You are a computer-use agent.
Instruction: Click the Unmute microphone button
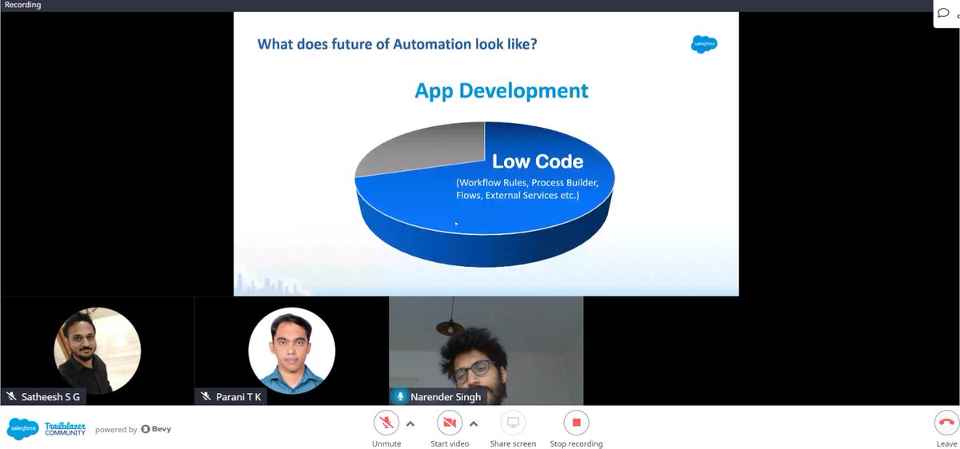pyautogui.click(x=386, y=423)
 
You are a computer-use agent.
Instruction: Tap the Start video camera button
pyautogui.click(x=449, y=423)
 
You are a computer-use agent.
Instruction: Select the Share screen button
pyautogui.click(x=513, y=423)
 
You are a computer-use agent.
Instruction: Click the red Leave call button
pyautogui.click(x=946, y=423)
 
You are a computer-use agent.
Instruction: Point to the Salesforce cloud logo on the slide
pyautogui.click(x=704, y=45)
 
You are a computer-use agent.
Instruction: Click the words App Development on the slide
pyautogui.click(x=501, y=90)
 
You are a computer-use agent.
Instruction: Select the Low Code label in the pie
pyautogui.click(x=537, y=161)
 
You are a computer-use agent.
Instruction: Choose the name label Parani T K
pyautogui.click(x=238, y=396)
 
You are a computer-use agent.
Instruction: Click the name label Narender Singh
pyautogui.click(x=446, y=396)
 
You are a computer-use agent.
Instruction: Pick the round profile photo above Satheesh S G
pyautogui.click(x=97, y=350)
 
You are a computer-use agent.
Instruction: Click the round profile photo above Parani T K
pyautogui.click(x=291, y=350)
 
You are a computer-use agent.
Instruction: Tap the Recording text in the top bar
pyautogui.click(x=22, y=5)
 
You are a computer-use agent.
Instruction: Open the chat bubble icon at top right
pyautogui.click(x=943, y=13)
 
